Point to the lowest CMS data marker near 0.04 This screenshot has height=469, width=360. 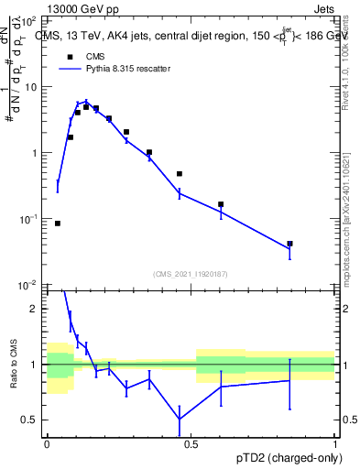(58, 223)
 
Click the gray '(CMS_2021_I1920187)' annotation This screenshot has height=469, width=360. (191, 273)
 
